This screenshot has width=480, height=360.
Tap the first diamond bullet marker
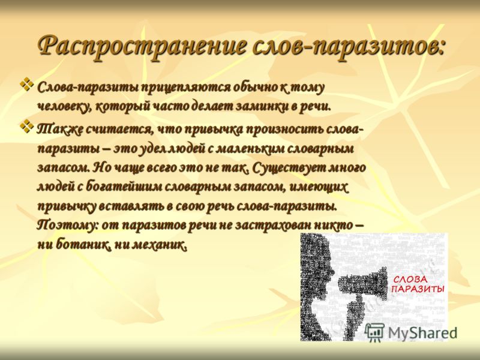[x=27, y=85]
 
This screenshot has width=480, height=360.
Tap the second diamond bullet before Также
[x=27, y=126]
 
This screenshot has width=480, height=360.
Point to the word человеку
[x=64, y=107]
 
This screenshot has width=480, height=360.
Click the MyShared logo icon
[x=375, y=332]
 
